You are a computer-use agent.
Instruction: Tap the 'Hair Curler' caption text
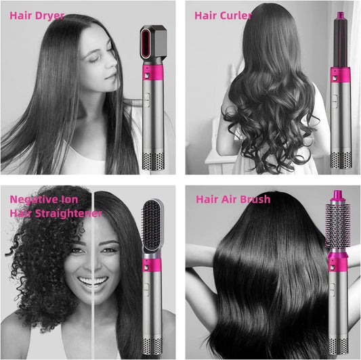click(224, 15)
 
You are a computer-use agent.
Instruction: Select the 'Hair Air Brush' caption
click(233, 199)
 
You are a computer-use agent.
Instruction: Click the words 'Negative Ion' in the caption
click(44, 199)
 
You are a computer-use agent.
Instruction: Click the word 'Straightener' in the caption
click(70, 213)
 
